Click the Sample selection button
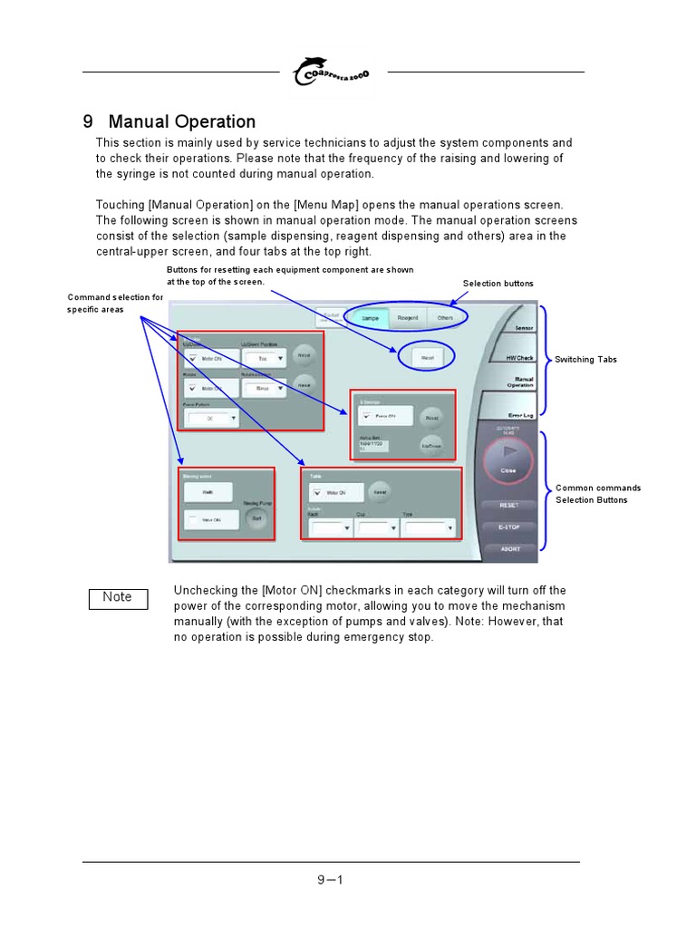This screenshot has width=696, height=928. (370, 318)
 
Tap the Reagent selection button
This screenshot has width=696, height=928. (408, 318)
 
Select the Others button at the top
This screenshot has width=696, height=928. (445, 318)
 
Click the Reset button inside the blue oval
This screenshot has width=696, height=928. (426, 357)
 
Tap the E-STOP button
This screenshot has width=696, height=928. (509, 527)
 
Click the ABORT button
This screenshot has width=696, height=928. (509, 548)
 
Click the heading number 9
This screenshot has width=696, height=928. (88, 121)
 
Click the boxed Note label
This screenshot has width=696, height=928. (118, 597)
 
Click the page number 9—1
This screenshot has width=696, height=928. (330, 879)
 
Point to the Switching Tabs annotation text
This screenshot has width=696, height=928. (585, 360)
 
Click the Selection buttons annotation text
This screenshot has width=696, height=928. (498, 284)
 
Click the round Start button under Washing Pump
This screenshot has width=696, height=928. (256, 518)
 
